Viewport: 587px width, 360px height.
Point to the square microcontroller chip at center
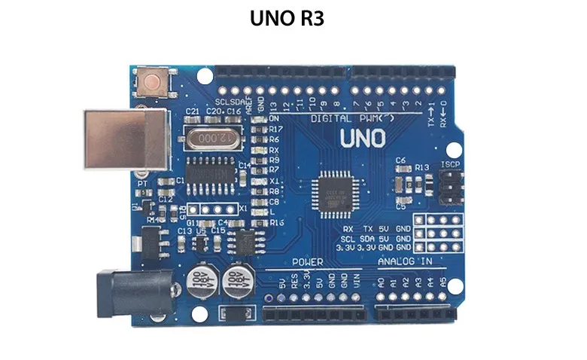333,191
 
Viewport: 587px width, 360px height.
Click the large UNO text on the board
362,139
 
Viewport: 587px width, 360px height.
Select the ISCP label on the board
449,164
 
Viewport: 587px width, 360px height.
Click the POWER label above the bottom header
307,262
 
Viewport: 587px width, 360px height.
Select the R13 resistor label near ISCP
421,167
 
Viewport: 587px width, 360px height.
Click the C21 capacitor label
192,111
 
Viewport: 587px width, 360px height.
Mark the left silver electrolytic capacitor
199,278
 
